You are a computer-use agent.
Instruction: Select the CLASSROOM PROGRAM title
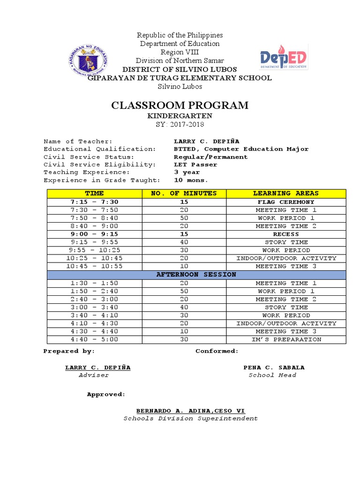[180, 105]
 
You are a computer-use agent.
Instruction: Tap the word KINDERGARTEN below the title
[180, 116]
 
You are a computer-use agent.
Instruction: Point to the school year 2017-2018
[180, 124]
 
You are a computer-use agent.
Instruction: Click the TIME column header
[94, 193]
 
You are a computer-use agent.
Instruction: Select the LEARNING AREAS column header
[285, 193]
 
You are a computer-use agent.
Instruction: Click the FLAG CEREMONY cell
[286, 202]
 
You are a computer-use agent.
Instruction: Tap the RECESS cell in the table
[286, 234]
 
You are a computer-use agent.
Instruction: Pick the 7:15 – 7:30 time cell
[94, 202]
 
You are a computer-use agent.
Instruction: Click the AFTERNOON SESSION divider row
[196, 274]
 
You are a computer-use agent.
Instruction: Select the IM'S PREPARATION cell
[286, 339]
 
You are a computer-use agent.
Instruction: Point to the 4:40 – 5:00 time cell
[94, 339]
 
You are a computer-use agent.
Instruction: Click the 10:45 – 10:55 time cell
[94, 266]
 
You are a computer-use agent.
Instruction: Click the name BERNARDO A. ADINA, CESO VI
[190, 411]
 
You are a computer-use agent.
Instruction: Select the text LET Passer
[195, 165]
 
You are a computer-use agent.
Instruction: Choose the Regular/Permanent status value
[210, 157]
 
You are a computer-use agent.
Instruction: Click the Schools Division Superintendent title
[190, 419]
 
